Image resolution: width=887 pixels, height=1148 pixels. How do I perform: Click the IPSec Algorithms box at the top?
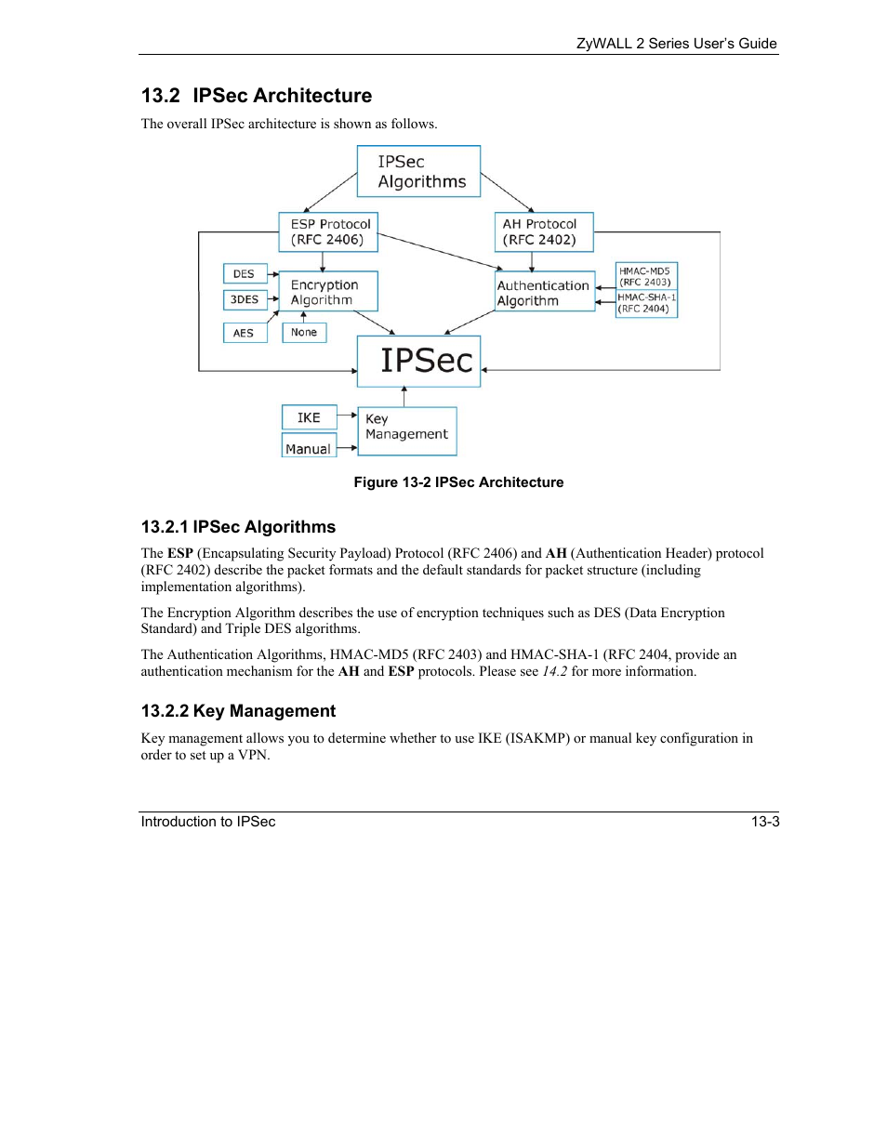[x=418, y=171]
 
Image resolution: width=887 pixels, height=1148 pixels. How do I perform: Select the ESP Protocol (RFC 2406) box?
[x=328, y=232]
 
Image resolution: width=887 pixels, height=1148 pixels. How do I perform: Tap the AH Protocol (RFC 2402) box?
[x=543, y=232]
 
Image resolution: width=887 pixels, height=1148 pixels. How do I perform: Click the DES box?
[x=245, y=273]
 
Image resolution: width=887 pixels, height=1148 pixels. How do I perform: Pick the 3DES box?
[x=245, y=299]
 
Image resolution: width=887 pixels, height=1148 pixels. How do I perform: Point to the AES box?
[x=245, y=333]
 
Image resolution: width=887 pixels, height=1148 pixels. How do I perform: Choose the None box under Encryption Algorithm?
[x=304, y=333]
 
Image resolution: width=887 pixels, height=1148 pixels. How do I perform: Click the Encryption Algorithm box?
[x=328, y=292]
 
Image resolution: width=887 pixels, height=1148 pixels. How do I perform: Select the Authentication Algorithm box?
[x=545, y=292]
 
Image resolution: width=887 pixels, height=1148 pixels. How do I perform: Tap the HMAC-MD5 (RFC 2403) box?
[x=646, y=277]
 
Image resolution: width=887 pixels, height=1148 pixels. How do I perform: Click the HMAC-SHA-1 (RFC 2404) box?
[x=646, y=303]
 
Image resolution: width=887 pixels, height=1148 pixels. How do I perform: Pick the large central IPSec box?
[x=419, y=361]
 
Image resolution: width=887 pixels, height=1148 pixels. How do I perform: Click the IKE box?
[x=309, y=417]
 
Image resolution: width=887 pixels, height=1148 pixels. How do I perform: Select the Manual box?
[x=309, y=448]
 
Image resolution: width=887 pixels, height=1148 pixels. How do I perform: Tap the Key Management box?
[x=407, y=430]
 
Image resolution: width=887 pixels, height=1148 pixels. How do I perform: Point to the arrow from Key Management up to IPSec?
[x=404, y=397]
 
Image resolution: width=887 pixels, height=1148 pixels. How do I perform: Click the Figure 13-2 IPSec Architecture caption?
[x=458, y=482]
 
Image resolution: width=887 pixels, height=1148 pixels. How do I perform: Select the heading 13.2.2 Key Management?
[x=238, y=711]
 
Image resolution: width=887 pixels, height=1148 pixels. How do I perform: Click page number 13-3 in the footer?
[x=765, y=822]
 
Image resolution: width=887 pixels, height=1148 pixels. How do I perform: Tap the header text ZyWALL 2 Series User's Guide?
[x=676, y=43]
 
